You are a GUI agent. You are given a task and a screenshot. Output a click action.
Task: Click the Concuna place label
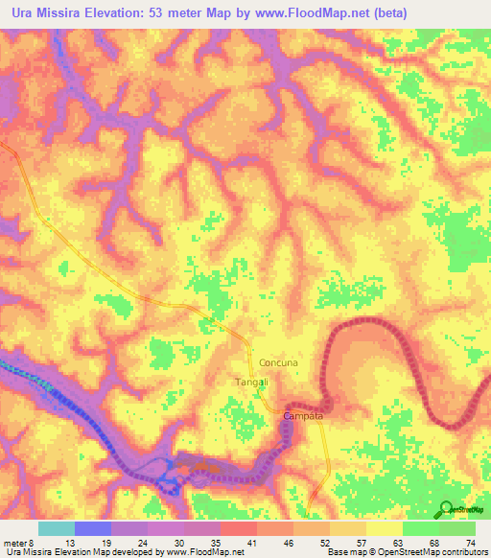tap(279, 363)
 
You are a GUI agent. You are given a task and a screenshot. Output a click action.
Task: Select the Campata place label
tap(303, 417)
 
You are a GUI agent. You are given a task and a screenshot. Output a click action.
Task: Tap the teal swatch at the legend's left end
tap(56, 528)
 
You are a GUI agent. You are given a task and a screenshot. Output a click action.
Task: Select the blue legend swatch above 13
tap(92, 528)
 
